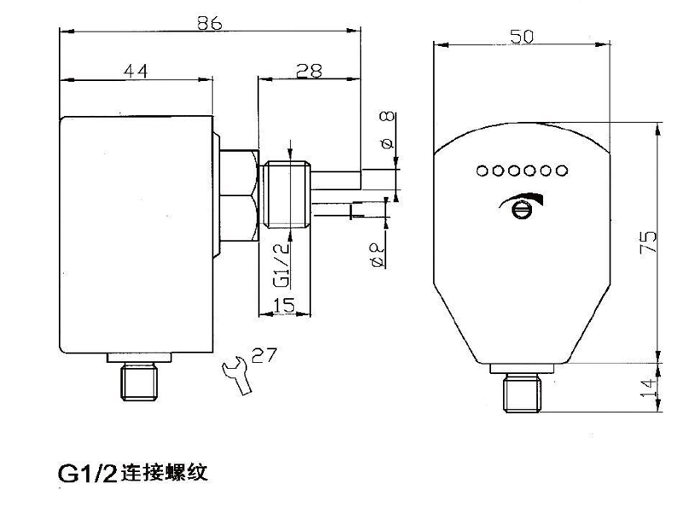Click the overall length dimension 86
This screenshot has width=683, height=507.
(x=208, y=22)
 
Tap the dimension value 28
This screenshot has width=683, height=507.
(x=308, y=71)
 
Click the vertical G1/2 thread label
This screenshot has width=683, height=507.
(x=278, y=264)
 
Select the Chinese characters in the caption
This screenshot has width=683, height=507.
(x=162, y=472)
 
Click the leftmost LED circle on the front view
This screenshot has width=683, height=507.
(x=482, y=171)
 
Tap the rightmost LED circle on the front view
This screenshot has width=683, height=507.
(x=561, y=171)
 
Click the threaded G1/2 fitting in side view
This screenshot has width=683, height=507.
(x=287, y=194)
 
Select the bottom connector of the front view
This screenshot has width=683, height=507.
(x=521, y=391)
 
